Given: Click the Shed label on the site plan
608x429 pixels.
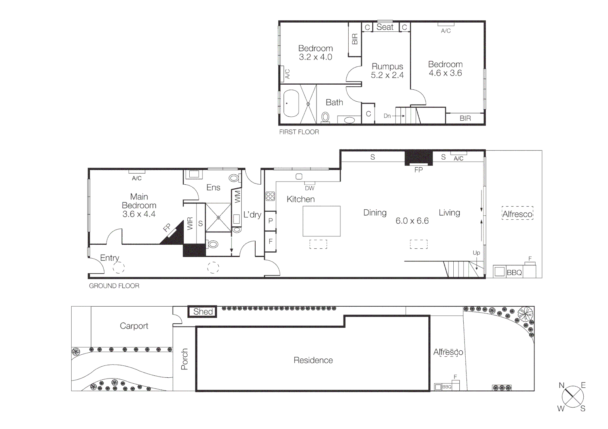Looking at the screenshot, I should coord(203,312).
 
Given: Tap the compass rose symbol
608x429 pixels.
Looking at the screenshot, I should coord(573,396).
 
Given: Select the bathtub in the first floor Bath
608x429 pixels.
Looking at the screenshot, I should coord(291,103).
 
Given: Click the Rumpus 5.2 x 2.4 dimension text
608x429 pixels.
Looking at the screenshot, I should coord(387,75).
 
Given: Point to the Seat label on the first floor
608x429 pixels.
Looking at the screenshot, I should coord(385,27).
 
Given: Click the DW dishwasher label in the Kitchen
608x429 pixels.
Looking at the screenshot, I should coord(309,188).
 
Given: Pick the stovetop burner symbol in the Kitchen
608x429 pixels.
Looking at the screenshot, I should coord(270,196).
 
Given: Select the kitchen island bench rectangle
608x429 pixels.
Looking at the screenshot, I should coord(321,221).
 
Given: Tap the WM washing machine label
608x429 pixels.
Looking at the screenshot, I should coord(237,196).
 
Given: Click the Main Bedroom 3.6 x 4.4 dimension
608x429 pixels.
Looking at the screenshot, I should coord(139,214).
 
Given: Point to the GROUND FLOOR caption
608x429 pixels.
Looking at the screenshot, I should coord(114,286).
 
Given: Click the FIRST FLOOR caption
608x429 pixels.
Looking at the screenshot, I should coord(299,132).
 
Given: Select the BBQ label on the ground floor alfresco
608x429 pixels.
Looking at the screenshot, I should coord(514,272).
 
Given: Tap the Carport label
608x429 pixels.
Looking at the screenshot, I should coord(134,326).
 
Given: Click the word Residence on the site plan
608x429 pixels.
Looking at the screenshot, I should coord(313,360).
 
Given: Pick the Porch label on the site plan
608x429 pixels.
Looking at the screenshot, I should coord(185,359).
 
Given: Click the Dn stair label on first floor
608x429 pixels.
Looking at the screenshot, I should coord(387,116).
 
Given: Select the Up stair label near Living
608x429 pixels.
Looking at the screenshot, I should coord(476,253).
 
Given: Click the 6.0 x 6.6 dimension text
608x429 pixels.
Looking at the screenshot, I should coord(412,221).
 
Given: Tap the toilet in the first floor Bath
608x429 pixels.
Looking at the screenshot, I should coord(325,117).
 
